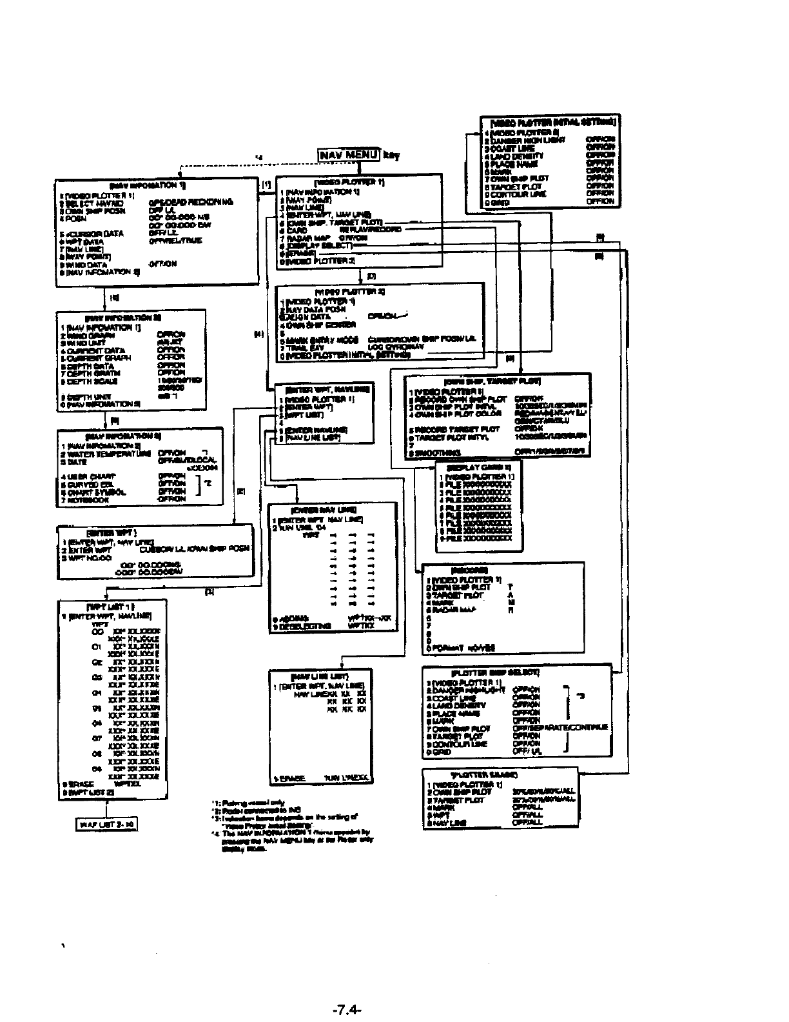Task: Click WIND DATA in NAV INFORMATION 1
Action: click(x=85, y=265)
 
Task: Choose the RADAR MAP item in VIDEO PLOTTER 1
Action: click(x=304, y=237)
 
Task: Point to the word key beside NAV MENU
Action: click(x=390, y=155)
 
